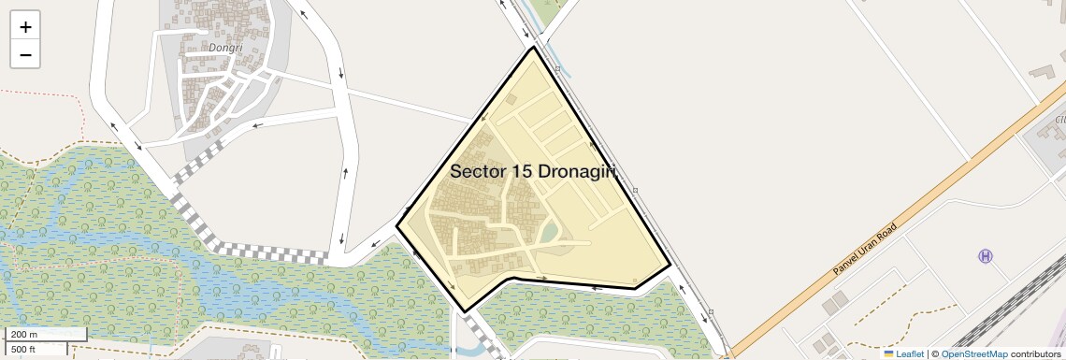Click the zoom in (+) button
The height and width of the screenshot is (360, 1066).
pyautogui.click(x=25, y=27)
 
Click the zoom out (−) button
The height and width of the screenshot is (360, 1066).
pyautogui.click(x=25, y=54)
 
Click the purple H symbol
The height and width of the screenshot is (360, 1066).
pyautogui.click(x=985, y=256)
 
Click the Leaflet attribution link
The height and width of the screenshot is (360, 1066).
pyautogui.click(x=909, y=353)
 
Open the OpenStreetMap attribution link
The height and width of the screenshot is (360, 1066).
pyautogui.click(x=973, y=353)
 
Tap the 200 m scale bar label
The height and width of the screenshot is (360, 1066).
pyautogui.click(x=24, y=335)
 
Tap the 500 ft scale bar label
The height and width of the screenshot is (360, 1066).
pyautogui.click(x=23, y=349)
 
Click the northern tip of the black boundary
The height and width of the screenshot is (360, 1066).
pyautogui.click(x=534, y=47)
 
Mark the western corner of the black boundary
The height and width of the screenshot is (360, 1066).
pyautogui.click(x=397, y=225)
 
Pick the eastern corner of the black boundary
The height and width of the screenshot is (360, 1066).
pyautogui.click(x=670, y=266)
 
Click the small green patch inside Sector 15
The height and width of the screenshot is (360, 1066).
pyautogui.click(x=550, y=231)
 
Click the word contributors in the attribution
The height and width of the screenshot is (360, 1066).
pyautogui.click(x=1035, y=353)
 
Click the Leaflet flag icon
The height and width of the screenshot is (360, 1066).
pyautogui.click(x=888, y=353)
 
